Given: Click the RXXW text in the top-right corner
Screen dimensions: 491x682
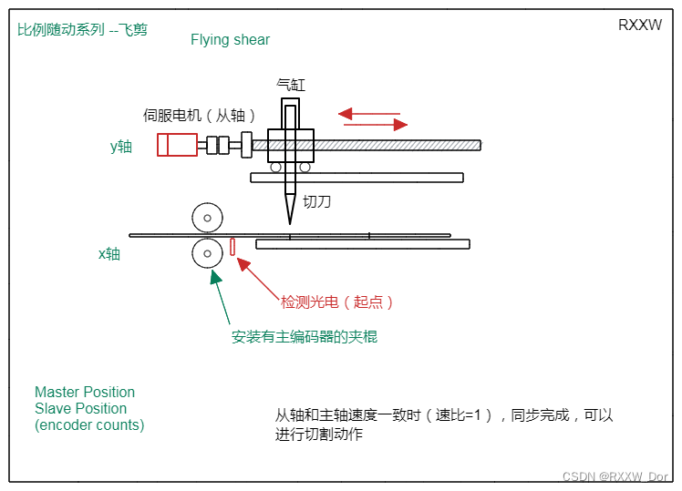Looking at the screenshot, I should tap(639, 26).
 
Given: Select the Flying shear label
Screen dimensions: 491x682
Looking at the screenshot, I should tap(230, 39).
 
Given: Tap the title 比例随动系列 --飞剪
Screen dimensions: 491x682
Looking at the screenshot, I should tap(82, 29).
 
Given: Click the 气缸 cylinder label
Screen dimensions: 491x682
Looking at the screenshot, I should tap(291, 85).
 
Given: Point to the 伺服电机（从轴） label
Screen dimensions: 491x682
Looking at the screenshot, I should tap(200, 115).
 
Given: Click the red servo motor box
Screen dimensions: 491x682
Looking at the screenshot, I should tap(177, 145).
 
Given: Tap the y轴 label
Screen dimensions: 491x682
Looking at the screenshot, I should tap(120, 146).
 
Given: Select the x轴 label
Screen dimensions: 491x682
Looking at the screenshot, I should tap(109, 253).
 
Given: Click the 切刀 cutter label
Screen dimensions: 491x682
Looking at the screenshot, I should tap(316, 201).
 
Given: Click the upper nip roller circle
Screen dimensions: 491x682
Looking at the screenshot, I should tap(208, 218).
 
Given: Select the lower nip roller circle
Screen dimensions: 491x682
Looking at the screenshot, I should tap(208, 252).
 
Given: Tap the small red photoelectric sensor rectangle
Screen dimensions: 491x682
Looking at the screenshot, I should tap(232, 246).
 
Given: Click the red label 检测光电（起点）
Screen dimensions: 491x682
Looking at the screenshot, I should tap(336, 302).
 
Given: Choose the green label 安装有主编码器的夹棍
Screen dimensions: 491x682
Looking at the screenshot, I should tap(304, 336).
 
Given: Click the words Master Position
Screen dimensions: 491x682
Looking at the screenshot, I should tap(85, 392).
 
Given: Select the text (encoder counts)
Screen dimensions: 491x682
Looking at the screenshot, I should tap(89, 425).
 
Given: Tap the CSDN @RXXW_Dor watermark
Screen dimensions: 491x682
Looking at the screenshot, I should tap(615, 476).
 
